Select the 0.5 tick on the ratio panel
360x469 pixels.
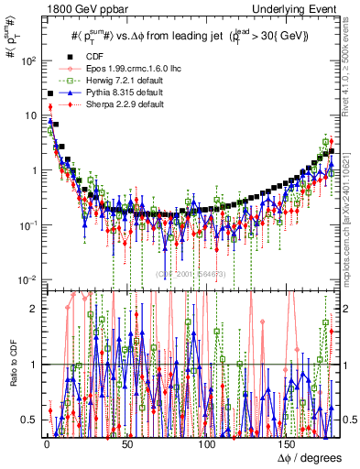29,420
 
